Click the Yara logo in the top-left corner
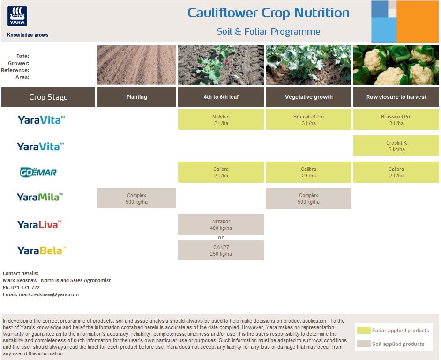pos(17,17)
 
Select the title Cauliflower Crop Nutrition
pos(268,13)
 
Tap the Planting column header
pos(136,97)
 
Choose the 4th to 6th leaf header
pos(221,97)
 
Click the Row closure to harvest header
pos(396,97)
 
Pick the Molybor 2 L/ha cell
pos(221,120)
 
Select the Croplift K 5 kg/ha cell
pos(396,146)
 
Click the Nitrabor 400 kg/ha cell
pos(221,225)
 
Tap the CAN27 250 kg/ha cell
pos(221,250)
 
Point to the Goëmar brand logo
pos(38,172)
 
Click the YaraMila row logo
pos(39,197)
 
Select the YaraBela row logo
pos(41,250)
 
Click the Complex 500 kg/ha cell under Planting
pos(136,198)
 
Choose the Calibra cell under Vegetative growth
pos(308,172)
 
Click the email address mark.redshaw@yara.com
pos(48,294)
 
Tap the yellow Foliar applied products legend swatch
pos(363,330)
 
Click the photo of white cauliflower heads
pos(396,65)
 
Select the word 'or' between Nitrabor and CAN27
pos(221,237)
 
